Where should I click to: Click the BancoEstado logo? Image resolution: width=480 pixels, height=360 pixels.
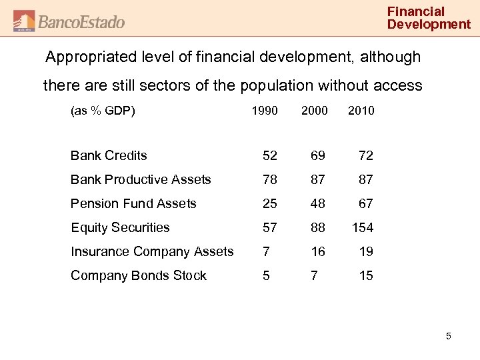click(69, 21)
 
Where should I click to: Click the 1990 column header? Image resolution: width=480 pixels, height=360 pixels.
click(265, 111)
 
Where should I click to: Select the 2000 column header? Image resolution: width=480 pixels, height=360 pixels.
click(314, 111)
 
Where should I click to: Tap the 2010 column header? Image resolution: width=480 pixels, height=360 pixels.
click(361, 111)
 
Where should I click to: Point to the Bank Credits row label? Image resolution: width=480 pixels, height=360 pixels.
click(109, 155)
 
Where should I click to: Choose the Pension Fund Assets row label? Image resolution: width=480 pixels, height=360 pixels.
click(133, 203)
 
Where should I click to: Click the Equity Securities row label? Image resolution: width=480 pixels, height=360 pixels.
click(120, 227)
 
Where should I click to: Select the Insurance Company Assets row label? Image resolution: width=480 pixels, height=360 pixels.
click(152, 251)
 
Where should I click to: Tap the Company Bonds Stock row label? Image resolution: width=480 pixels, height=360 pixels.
click(139, 275)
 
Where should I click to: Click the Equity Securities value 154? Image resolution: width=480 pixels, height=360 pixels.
click(362, 227)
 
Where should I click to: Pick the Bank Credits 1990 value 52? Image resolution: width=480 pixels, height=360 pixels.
click(270, 155)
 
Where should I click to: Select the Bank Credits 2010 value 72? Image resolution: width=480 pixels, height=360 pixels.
click(366, 155)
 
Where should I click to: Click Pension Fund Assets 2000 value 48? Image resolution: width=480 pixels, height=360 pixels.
click(317, 203)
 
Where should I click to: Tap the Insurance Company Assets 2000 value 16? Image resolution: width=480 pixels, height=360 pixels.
click(317, 251)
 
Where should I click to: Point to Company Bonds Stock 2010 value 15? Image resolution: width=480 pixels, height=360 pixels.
click(366, 275)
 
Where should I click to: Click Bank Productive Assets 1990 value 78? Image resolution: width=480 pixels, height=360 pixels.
click(270, 179)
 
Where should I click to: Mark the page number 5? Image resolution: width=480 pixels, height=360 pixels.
click(449, 336)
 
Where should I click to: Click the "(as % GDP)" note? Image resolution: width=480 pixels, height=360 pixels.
click(103, 111)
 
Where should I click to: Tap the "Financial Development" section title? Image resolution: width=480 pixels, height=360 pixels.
click(429, 18)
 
